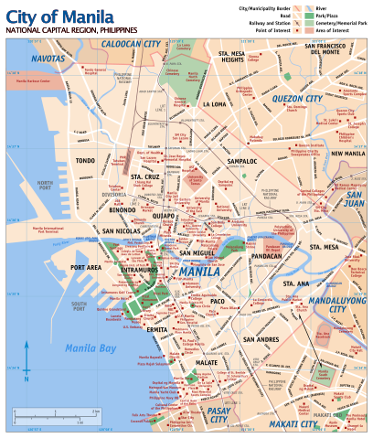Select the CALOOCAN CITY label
coord(129,44)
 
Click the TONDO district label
coord(86,161)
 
